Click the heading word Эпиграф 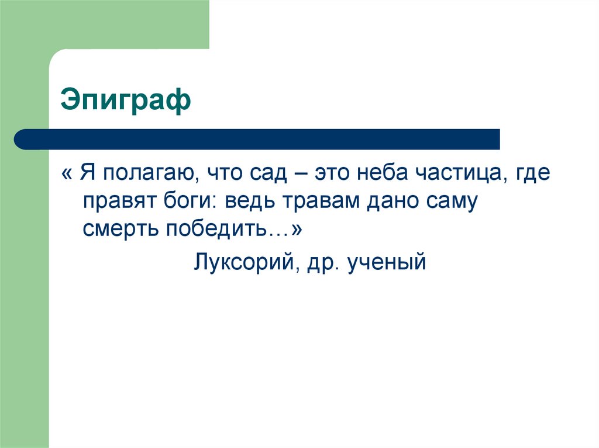126,101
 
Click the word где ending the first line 533,174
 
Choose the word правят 116,202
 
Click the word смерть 119,230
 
